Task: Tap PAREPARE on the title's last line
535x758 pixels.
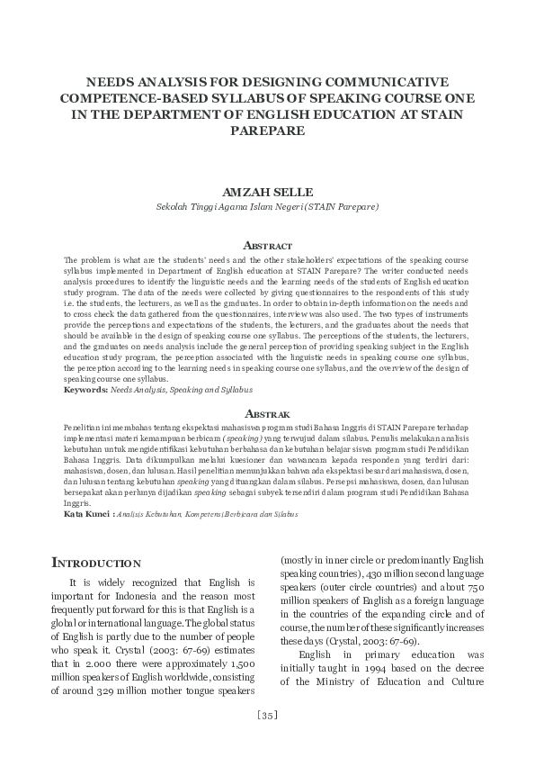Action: [x=267, y=131]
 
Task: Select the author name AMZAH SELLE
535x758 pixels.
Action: [x=267, y=191]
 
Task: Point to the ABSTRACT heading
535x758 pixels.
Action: [x=267, y=246]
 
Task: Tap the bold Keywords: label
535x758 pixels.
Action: [x=85, y=390]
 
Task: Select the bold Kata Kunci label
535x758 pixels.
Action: [x=86, y=514]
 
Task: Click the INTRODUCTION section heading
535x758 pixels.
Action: [x=96, y=564]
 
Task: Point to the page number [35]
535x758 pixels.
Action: [x=267, y=716]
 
